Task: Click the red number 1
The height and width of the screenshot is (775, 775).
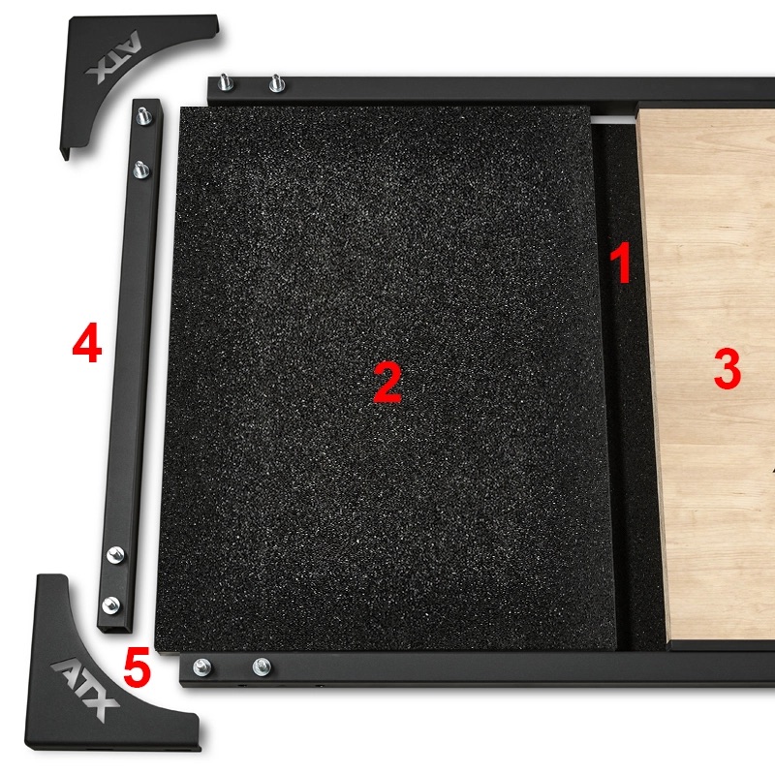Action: (x=621, y=263)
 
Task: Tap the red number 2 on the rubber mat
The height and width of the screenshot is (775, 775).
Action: (x=387, y=385)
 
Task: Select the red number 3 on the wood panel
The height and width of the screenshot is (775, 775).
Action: (x=727, y=369)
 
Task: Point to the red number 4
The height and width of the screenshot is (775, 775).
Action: (x=87, y=346)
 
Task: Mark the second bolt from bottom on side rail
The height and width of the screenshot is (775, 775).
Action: (x=116, y=553)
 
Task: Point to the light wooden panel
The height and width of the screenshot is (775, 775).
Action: (x=707, y=465)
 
